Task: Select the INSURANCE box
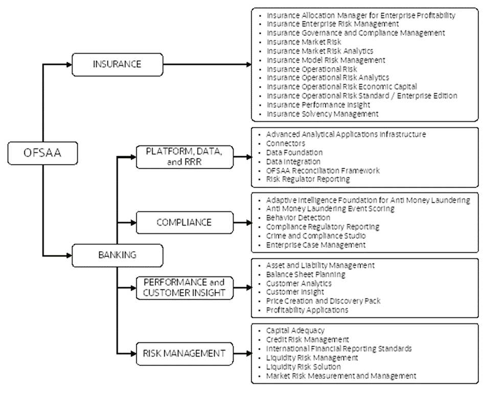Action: (x=117, y=64)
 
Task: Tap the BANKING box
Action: (x=117, y=255)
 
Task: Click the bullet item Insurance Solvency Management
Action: (x=322, y=114)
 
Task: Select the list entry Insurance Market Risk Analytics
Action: (x=320, y=51)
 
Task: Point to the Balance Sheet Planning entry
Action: (x=306, y=274)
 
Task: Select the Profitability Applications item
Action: (x=307, y=310)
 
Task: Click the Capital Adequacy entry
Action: (x=295, y=331)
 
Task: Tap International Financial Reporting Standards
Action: (x=339, y=348)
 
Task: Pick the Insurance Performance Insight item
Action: (x=318, y=104)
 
